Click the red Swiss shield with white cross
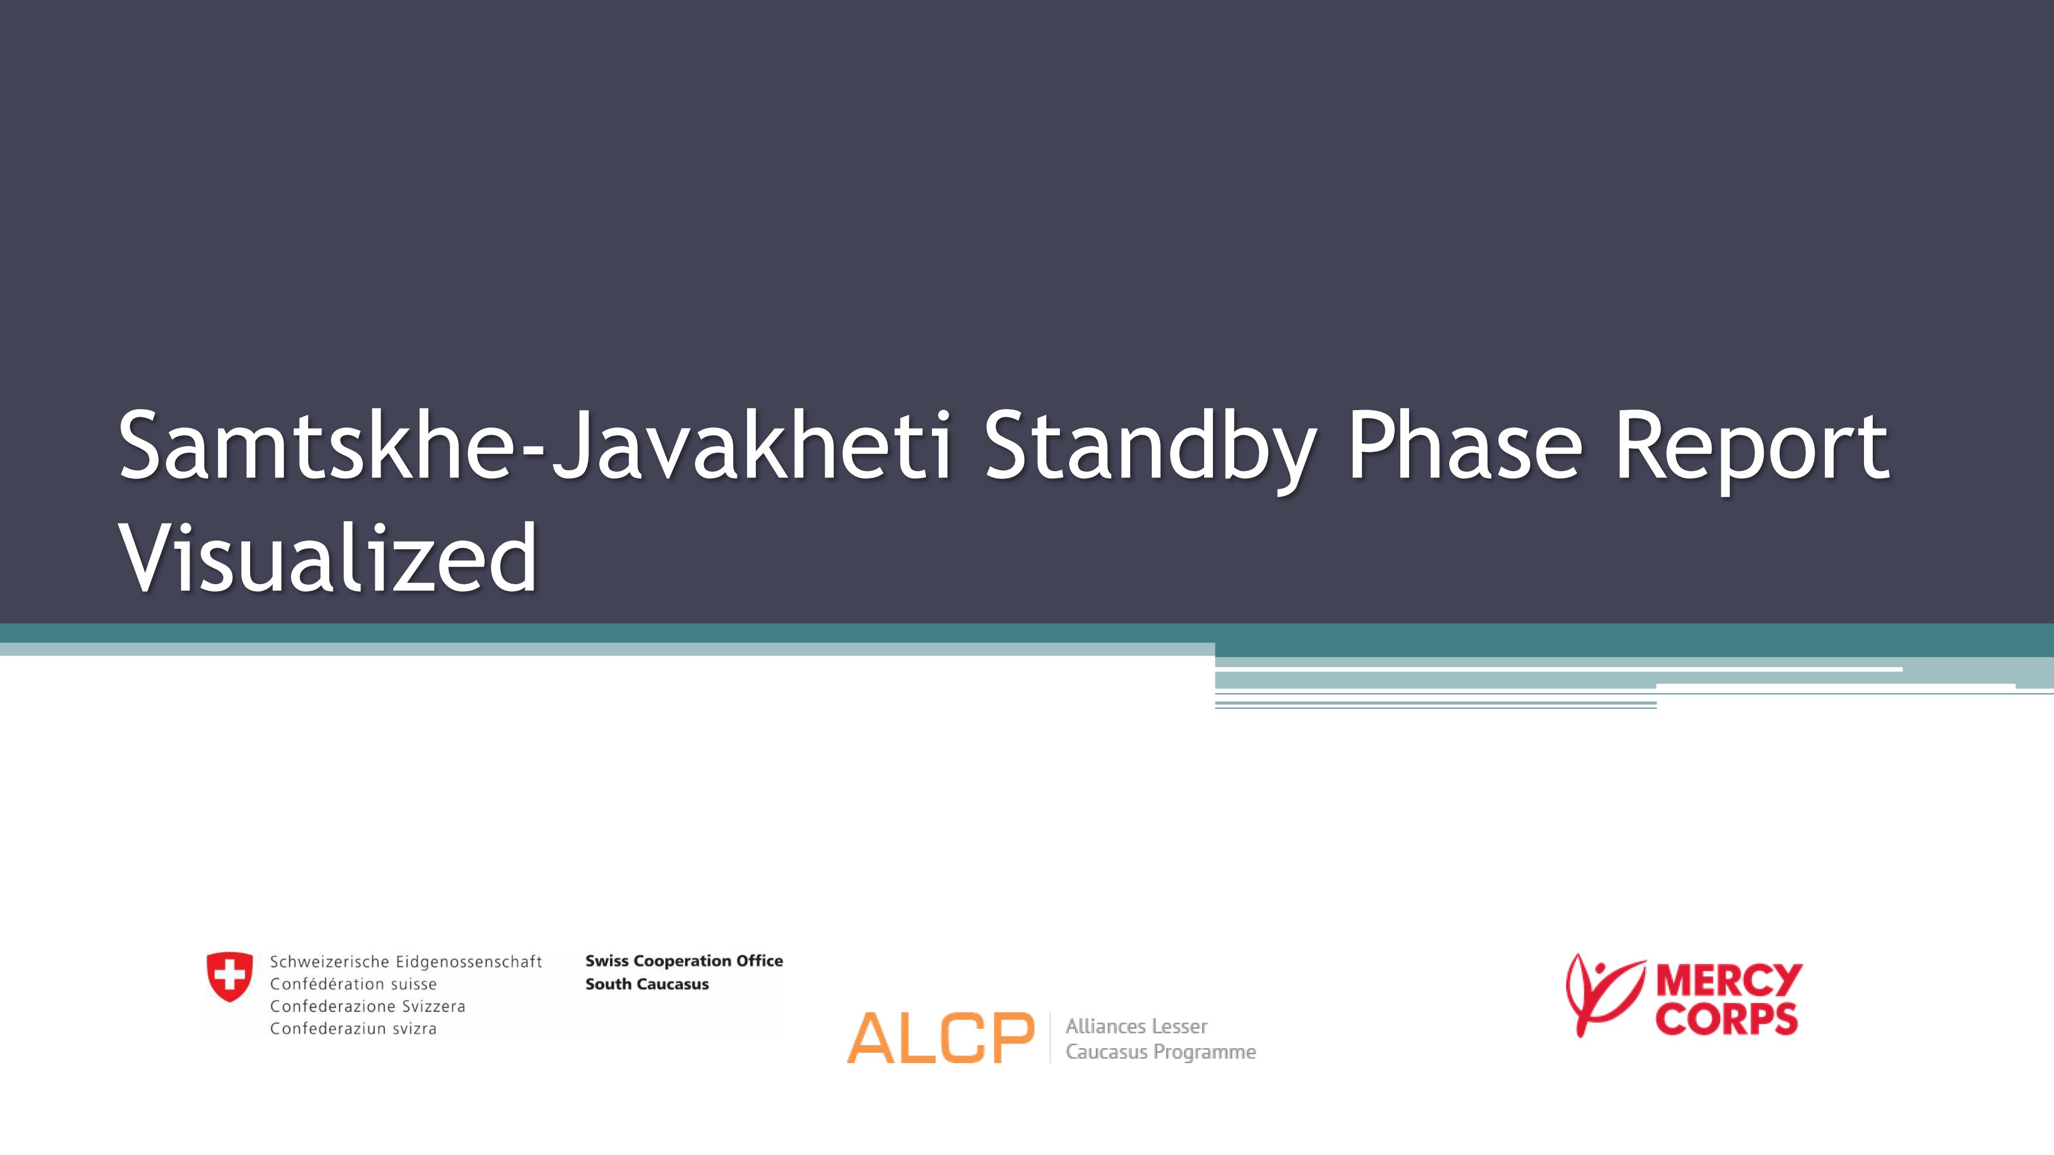click(230, 976)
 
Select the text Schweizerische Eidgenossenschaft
click(406, 962)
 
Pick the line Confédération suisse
click(353, 985)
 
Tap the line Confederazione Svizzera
click(368, 1007)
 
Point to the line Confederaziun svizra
click(353, 1029)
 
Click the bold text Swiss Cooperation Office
click(684, 961)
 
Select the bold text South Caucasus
click(646, 985)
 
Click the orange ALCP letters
click(940, 1038)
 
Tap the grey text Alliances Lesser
click(1136, 1027)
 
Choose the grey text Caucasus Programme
click(1160, 1052)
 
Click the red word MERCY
click(1728, 979)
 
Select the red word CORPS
click(1726, 1018)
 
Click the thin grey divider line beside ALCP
click(1050, 1038)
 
